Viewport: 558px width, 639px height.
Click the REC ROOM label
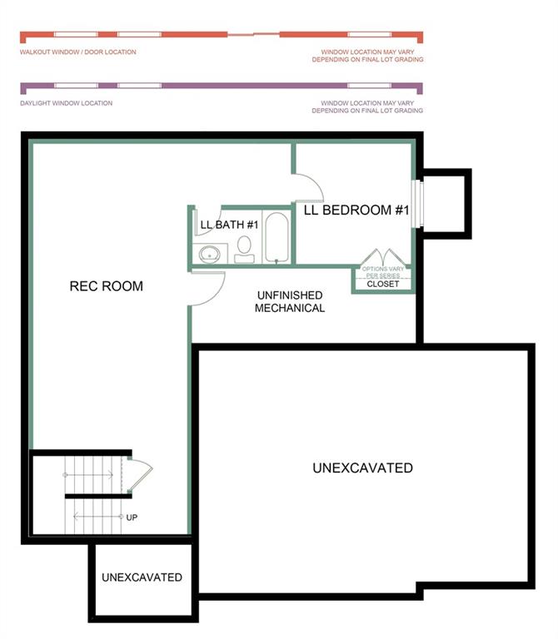coord(106,287)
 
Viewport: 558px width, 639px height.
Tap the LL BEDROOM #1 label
coord(356,210)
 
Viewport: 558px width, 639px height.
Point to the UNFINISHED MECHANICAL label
coord(289,301)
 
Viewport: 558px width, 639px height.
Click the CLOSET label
coord(383,284)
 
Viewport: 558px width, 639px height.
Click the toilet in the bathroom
coord(244,247)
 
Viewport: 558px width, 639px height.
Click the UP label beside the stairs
coord(132,518)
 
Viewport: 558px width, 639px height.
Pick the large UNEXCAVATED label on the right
coord(362,468)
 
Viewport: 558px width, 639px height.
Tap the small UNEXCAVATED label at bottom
coord(142,577)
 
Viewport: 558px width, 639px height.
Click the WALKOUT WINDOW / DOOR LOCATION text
coord(78,52)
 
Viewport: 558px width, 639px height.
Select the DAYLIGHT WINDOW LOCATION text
coord(66,103)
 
